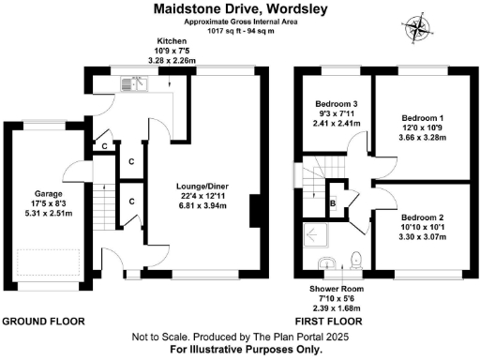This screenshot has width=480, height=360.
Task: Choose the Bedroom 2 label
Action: coord(420,215)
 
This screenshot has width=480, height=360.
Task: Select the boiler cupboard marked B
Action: coord(333,202)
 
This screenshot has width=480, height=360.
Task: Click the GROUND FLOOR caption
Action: coord(43,322)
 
